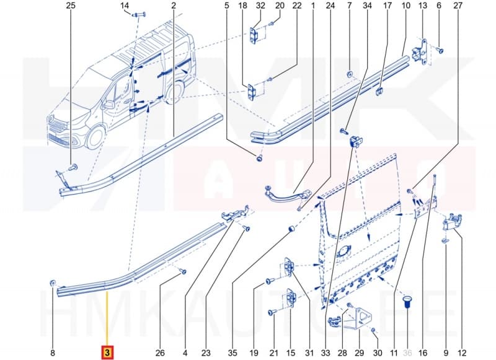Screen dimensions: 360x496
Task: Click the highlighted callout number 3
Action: coord(108,353)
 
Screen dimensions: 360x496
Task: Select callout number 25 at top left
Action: coord(70,6)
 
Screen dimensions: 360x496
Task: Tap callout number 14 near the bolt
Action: coord(125,7)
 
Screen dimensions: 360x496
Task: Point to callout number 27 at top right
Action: coord(458,6)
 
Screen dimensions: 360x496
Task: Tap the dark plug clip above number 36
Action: coord(407,302)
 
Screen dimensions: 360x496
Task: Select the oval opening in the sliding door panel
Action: coord(343,252)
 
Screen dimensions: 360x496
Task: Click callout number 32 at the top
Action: coord(260,6)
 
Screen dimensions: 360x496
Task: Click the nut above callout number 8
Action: coord(53,283)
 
